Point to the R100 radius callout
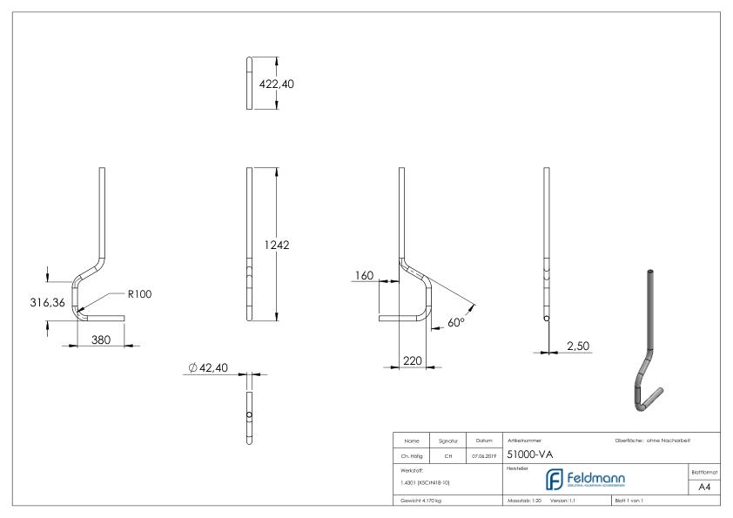click(x=140, y=294)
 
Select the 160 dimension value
click(x=364, y=276)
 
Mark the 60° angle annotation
click(x=456, y=322)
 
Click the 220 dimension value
click(x=413, y=359)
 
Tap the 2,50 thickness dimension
click(x=578, y=346)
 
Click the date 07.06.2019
click(x=484, y=454)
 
